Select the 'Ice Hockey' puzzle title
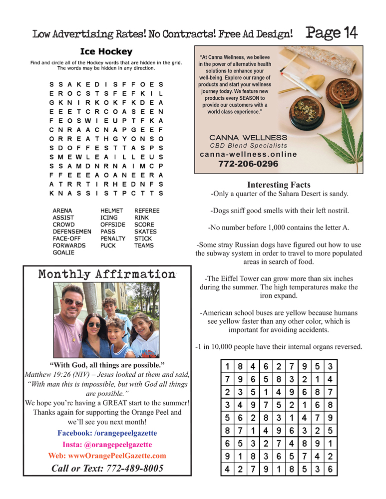(106, 51)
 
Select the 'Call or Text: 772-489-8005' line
(107, 468)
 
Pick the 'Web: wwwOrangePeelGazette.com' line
(107, 456)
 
